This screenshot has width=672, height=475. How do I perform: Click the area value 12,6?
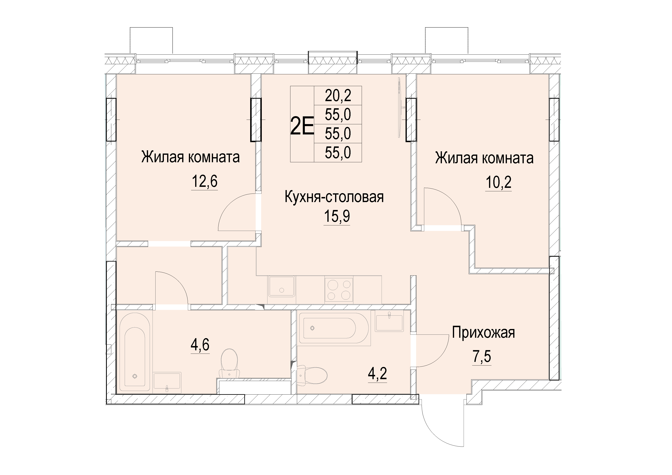pyautogui.click(x=205, y=182)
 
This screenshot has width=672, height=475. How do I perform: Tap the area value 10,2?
pyautogui.click(x=498, y=182)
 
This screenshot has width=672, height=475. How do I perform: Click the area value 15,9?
pyautogui.click(x=337, y=216)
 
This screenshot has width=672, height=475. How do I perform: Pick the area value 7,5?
pyautogui.click(x=482, y=356)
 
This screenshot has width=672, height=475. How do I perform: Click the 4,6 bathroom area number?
pyautogui.click(x=200, y=345)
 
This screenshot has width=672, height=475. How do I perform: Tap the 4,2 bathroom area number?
pyautogui.click(x=378, y=373)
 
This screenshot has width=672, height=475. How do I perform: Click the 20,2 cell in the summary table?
pyautogui.click(x=338, y=95)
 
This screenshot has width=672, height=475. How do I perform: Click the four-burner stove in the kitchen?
pyautogui.click(x=339, y=290)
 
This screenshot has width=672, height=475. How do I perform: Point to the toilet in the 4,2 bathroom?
pyautogui.click(x=312, y=375)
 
